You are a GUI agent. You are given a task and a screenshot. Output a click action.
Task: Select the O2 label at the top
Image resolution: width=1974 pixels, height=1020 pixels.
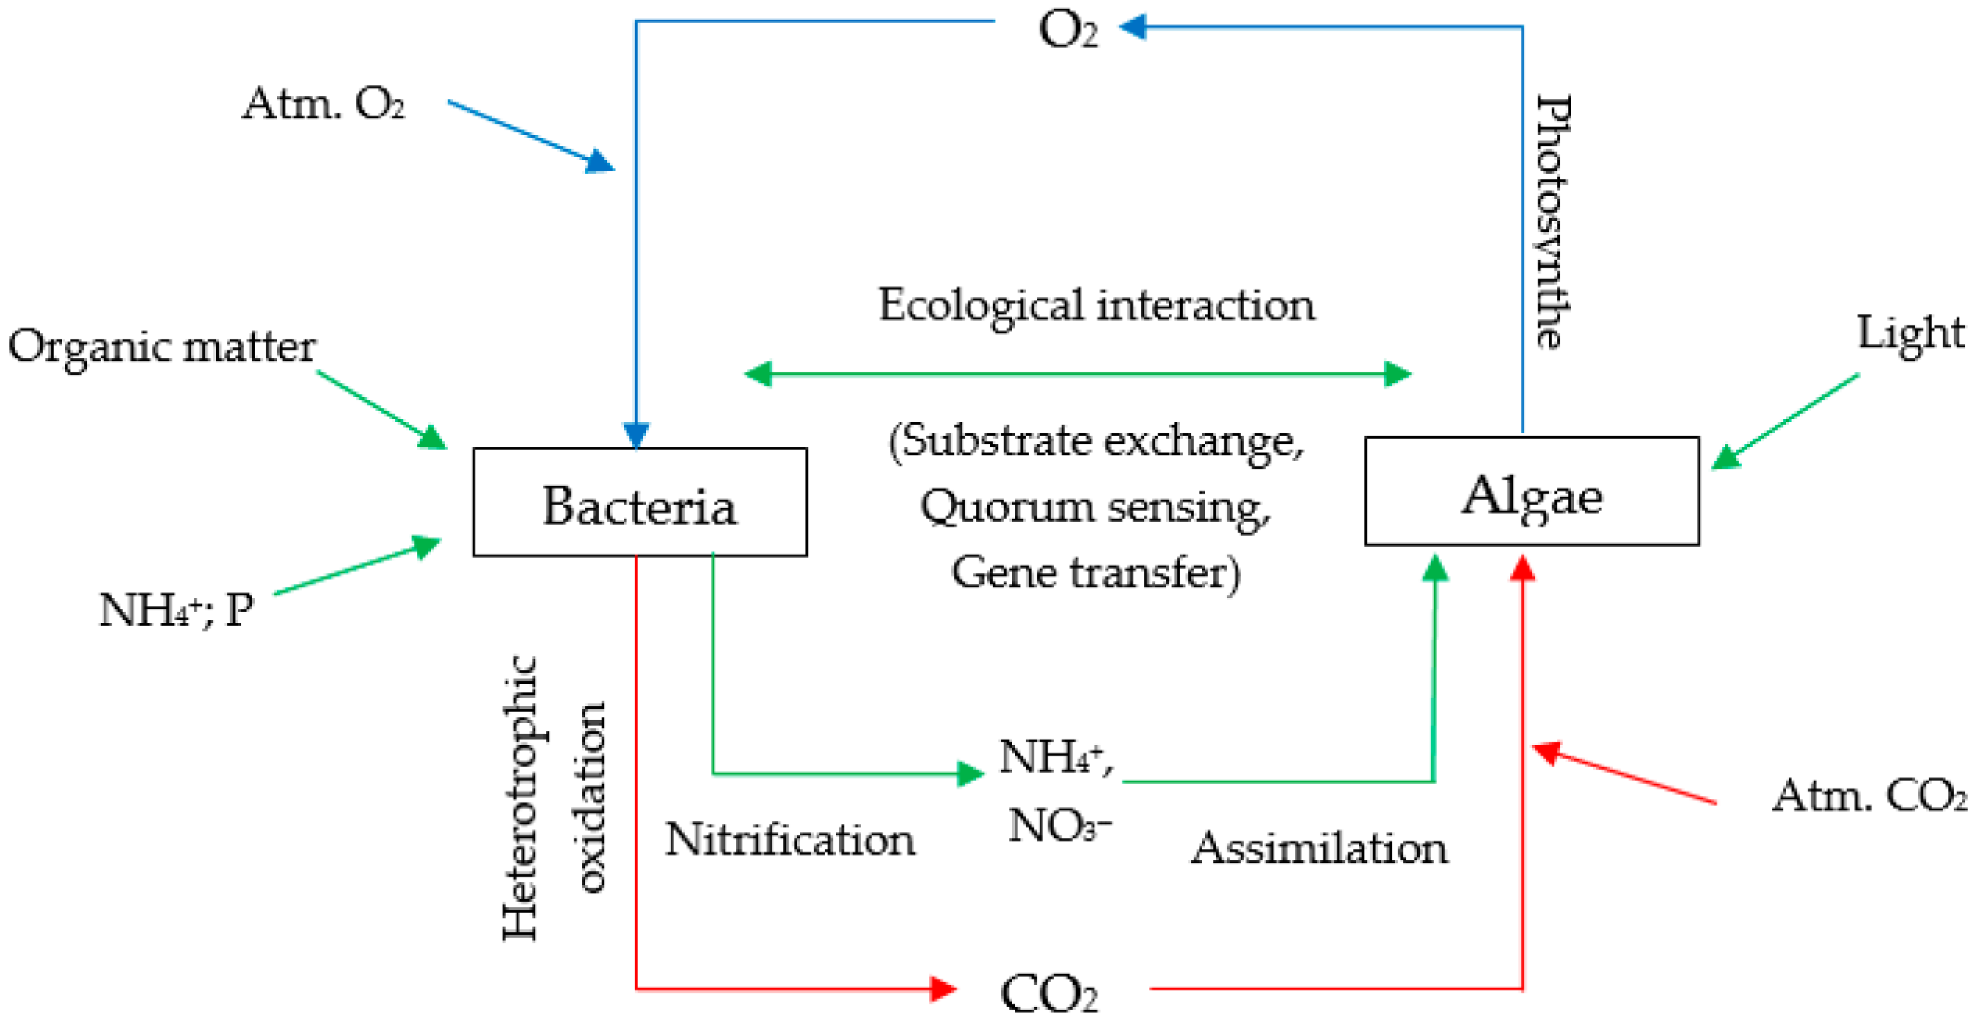point(1067,31)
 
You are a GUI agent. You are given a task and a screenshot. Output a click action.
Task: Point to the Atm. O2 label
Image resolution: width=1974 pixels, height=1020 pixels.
point(324,103)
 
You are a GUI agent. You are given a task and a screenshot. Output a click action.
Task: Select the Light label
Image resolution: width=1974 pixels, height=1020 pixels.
point(1910,333)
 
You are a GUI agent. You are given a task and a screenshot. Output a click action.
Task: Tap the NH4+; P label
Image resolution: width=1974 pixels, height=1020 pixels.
point(176,610)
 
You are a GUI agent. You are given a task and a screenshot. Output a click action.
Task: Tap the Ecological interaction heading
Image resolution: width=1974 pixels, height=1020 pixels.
point(1096,306)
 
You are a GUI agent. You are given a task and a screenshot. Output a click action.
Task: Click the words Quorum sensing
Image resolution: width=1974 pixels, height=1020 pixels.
point(1094,507)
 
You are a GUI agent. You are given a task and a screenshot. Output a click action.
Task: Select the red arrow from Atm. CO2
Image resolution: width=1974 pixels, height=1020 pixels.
point(1625,774)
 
